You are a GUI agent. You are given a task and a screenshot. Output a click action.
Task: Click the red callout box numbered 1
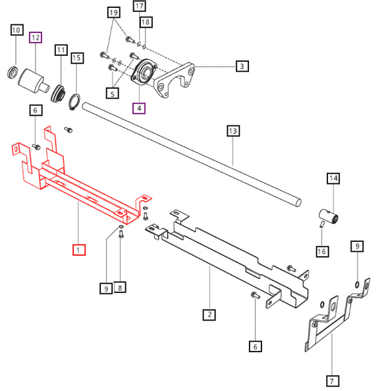click(x=78, y=250)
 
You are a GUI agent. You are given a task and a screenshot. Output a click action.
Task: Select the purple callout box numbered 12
click(x=36, y=37)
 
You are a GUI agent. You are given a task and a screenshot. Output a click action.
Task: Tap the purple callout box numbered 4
click(x=139, y=108)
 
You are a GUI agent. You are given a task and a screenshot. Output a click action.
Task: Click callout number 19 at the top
click(x=113, y=13)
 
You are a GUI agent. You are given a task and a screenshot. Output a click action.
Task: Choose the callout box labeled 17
click(x=139, y=7)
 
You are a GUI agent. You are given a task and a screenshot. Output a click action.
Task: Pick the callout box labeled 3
click(x=242, y=66)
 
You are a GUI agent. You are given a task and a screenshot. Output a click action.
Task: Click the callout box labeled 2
click(x=209, y=315)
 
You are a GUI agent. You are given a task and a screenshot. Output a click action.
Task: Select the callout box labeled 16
click(x=322, y=251)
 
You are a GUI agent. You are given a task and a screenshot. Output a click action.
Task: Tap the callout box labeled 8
click(x=121, y=287)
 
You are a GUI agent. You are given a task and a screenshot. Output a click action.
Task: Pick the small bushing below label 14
click(x=328, y=214)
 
